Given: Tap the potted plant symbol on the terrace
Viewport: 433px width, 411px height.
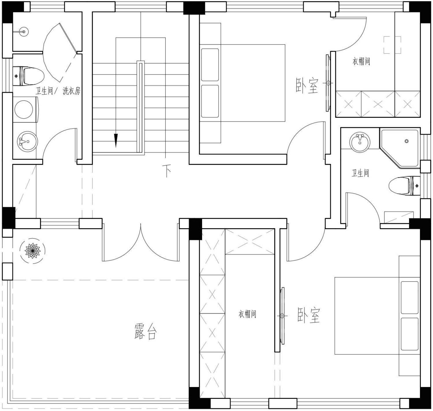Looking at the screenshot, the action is (x=33, y=251).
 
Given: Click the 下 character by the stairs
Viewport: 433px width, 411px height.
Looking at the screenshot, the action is (x=167, y=171).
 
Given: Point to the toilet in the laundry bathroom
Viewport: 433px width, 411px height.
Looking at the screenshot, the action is (x=29, y=76).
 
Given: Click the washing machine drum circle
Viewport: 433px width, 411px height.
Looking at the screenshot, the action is (x=24, y=109).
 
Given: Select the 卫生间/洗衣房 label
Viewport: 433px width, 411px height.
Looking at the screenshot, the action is (x=58, y=91).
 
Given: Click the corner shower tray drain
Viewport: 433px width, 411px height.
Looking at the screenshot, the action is (x=406, y=141).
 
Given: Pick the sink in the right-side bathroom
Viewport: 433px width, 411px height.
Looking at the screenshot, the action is (x=360, y=142).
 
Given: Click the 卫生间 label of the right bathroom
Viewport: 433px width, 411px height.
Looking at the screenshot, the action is (x=360, y=173).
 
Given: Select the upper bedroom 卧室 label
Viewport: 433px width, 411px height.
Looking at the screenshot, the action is (x=307, y=85).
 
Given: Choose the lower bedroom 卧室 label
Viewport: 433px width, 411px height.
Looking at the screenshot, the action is (x=309, y=315).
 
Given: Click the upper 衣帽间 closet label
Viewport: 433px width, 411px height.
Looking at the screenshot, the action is (x=361, y=61).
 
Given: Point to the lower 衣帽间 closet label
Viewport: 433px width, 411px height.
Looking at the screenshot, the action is (x=247, y=314).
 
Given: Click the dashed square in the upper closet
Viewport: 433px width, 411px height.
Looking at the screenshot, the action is (x=392, y=45).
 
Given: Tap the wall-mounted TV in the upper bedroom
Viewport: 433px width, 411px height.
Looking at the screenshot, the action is (x=328, y=83).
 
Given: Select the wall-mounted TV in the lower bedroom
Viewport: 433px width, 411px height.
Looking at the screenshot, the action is (x=282, y=316).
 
